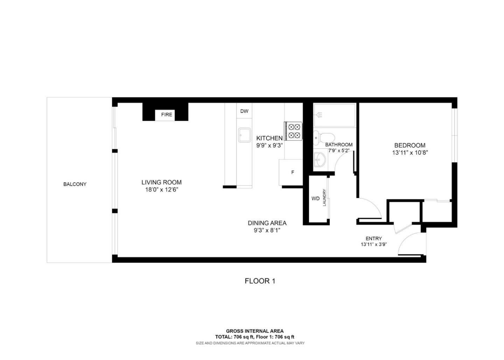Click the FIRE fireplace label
point(167,115)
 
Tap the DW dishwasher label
point(244,111)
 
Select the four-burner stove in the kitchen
point(294,131)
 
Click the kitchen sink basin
point(244,135)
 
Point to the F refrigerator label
point(293,172)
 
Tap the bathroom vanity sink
point(320,160)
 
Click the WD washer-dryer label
point(315,199)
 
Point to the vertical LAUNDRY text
point(324,198)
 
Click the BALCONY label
point(75,184)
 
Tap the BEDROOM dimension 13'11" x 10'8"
point(410,153)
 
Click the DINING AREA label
point(267,223)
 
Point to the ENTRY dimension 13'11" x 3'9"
point(373,245)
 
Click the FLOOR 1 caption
point(260,281)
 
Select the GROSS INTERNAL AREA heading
point(254,331)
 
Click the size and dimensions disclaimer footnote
point(250,343)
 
